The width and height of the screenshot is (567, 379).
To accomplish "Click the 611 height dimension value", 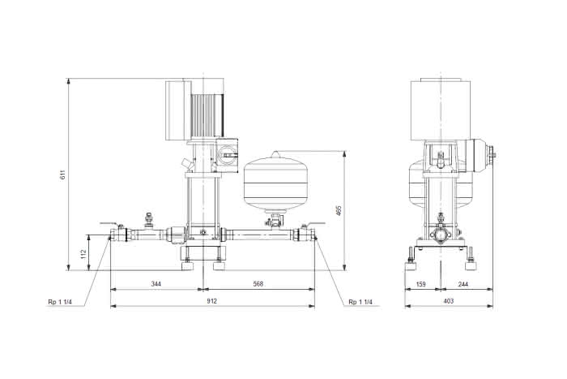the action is coord(63,174).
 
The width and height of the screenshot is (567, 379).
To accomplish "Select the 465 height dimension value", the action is coord(339,211).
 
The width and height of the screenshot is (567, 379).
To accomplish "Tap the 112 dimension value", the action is coord(84,254).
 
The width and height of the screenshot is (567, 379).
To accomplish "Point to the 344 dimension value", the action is coord(156,284).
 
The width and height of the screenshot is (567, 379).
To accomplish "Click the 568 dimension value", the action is coord(258,284).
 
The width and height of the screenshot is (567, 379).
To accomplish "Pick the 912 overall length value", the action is coord(212,301).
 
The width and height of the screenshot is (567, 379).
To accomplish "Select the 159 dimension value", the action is coord(421,284).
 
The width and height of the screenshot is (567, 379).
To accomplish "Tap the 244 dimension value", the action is coord(463,284).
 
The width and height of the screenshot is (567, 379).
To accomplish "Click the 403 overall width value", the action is coord(449,301).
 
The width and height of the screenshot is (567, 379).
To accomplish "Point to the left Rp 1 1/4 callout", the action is coord(60,302).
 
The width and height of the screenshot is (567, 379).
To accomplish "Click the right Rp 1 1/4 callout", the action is coord(360,302).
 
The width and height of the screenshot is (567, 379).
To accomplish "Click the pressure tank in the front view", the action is coord(276,182).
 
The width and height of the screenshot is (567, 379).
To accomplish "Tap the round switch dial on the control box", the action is coord(228,156).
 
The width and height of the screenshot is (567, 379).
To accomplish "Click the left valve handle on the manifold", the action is coord(109,224).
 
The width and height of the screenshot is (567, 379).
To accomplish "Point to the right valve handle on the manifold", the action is coord(315,224).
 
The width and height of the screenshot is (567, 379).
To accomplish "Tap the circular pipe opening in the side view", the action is coord(441,236).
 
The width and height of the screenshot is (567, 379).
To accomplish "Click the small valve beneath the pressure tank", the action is coord(275,221).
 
